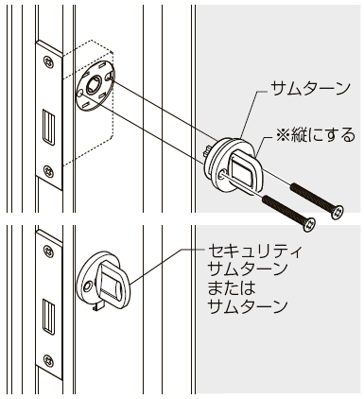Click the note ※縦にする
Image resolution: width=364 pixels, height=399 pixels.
click(313, 135)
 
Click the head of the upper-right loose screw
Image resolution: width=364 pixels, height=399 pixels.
click(336, 213)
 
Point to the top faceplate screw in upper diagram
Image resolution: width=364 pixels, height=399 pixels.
click(48, 66)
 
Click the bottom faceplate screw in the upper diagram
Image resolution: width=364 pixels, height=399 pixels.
click(49, 171)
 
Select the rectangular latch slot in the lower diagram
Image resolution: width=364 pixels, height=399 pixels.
click(48, 310)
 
